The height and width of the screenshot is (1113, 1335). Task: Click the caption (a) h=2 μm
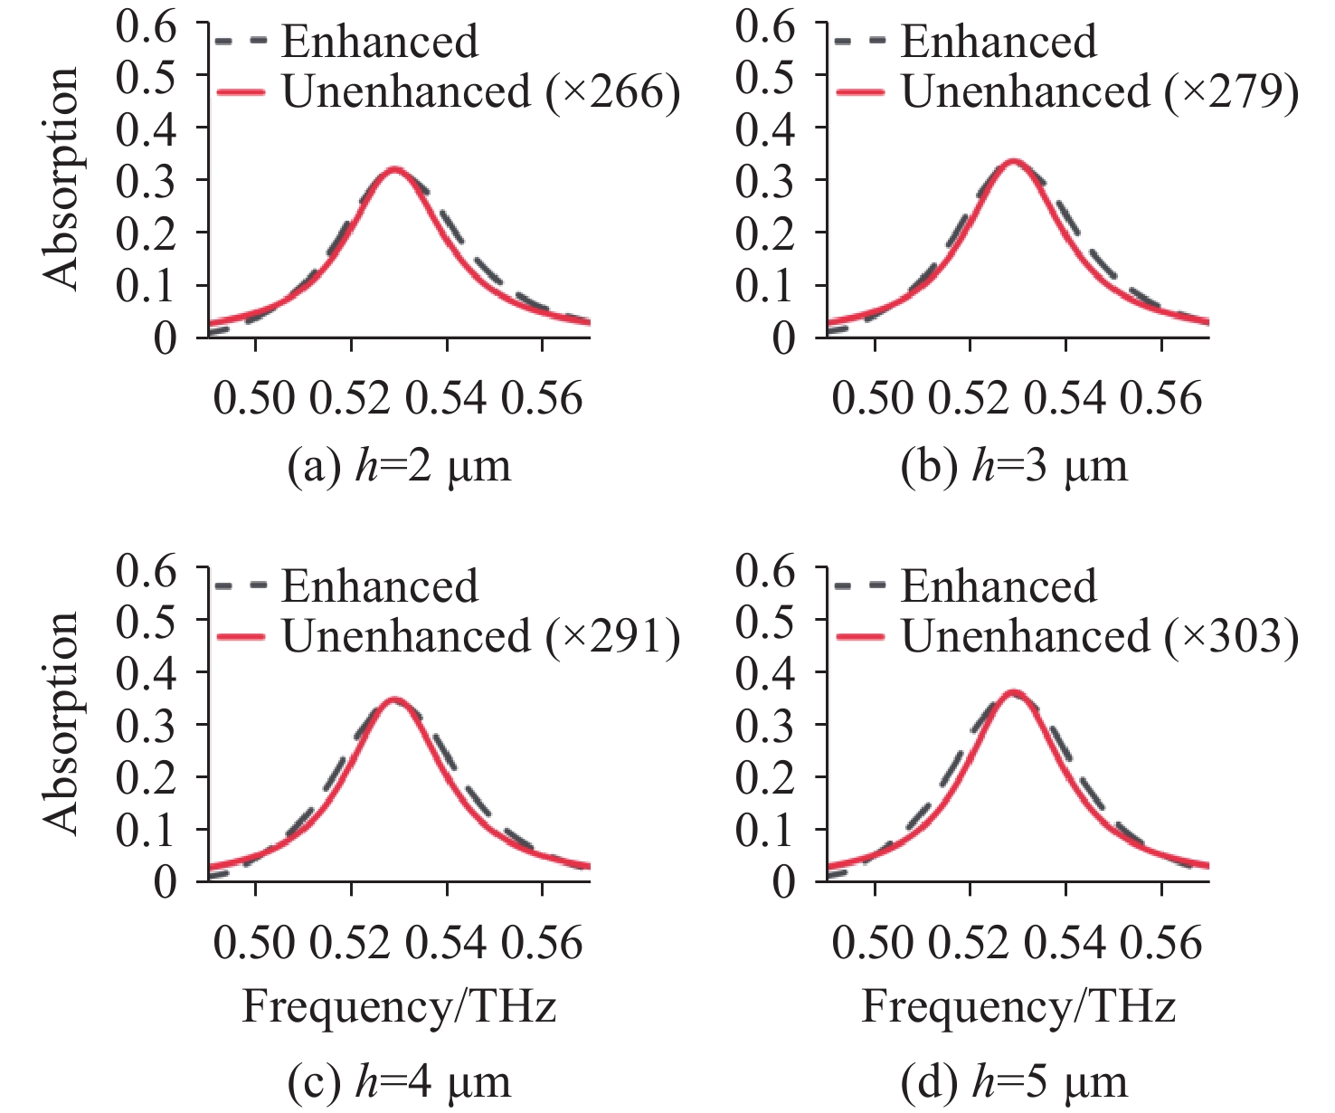[x=399, y=467]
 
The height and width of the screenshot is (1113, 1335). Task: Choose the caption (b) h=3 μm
[x=1015, y=467]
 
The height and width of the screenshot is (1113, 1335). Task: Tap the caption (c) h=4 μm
[x=399, y=1080]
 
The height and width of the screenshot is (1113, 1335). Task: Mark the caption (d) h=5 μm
[x=1015, y=1080]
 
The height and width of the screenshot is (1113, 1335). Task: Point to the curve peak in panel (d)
[x=1014, y=694]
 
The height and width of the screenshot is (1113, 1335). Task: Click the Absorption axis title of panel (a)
[x=62, y=178]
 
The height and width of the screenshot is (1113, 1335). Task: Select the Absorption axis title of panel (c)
[x=62, y=723]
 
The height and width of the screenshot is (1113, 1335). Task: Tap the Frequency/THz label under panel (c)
[x=399, y=1007]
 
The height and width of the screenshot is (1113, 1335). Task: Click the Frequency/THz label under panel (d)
[x=1018, y=1007]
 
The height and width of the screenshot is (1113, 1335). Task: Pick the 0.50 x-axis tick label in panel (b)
[x=874, y=398]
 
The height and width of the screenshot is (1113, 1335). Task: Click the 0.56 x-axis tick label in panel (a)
[x=542, y=398]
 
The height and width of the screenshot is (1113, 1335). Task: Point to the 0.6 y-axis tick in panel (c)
[x=147, y=570]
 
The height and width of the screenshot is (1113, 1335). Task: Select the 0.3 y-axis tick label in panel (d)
[x=765, y=726]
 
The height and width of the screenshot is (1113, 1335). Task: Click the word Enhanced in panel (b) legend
[x=999, y=42]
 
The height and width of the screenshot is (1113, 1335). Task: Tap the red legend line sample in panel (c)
[x=241, y=637]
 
